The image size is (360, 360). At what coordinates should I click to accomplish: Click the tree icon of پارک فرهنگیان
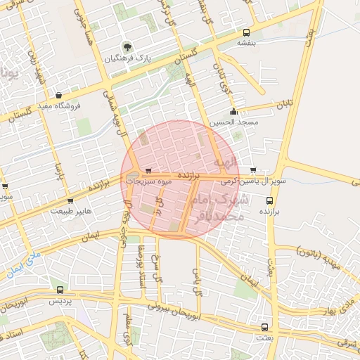click(127, 47)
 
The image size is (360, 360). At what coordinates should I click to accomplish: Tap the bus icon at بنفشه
click(246, 33)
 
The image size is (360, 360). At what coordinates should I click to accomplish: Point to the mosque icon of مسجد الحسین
click(233, 111)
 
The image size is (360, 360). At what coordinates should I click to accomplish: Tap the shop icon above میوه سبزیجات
click(148, 171)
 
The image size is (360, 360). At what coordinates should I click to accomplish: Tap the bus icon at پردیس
click(60, 289)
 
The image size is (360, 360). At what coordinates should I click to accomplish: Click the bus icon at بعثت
click(264, 327)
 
